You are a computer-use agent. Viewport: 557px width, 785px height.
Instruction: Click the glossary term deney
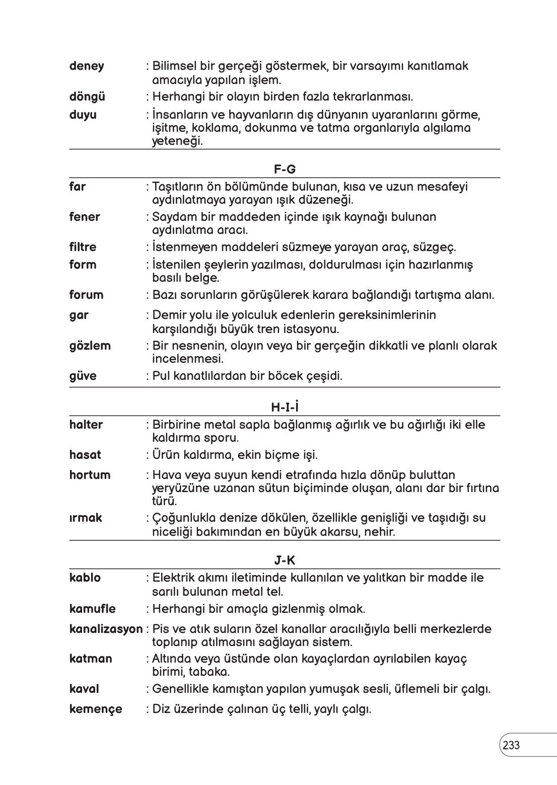coord(87,66)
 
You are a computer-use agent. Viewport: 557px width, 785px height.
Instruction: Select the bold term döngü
coord(87,97)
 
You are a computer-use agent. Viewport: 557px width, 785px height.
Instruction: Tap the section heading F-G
coord(285,170)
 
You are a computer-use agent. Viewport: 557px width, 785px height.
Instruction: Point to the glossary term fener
coord(85,217)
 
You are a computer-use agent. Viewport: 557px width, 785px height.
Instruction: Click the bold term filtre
coord(83,247)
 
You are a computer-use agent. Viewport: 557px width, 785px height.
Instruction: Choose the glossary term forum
coord(86,295)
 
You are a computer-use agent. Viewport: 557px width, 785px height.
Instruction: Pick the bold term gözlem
coord(90,346)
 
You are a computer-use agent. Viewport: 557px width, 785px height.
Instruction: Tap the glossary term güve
coord(83,376)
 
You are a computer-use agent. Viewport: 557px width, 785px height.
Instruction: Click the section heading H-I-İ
coord(285,406)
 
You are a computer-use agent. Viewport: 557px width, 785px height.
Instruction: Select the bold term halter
coord(86,425)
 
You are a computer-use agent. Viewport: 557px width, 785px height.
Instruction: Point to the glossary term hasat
coord(85,455)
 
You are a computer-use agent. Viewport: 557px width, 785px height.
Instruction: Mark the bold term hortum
coord(90,475)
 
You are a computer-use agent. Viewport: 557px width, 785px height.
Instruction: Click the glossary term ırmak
coord(86,518)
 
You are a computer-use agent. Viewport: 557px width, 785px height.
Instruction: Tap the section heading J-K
coord(285,560)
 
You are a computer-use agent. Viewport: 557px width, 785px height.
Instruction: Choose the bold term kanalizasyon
coord(106,629)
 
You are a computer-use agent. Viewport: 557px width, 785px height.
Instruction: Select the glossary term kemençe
coord(96,710)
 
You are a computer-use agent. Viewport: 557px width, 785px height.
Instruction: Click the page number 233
coord(511,745)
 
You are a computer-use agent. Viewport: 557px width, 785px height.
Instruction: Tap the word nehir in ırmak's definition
coord(380,532)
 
